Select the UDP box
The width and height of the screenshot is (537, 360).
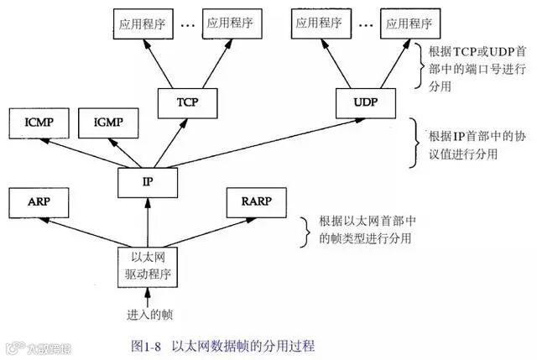pos(363,102)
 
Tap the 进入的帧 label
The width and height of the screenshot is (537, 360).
pos(149,315)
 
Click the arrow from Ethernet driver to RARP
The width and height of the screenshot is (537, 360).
pos(205,227)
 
